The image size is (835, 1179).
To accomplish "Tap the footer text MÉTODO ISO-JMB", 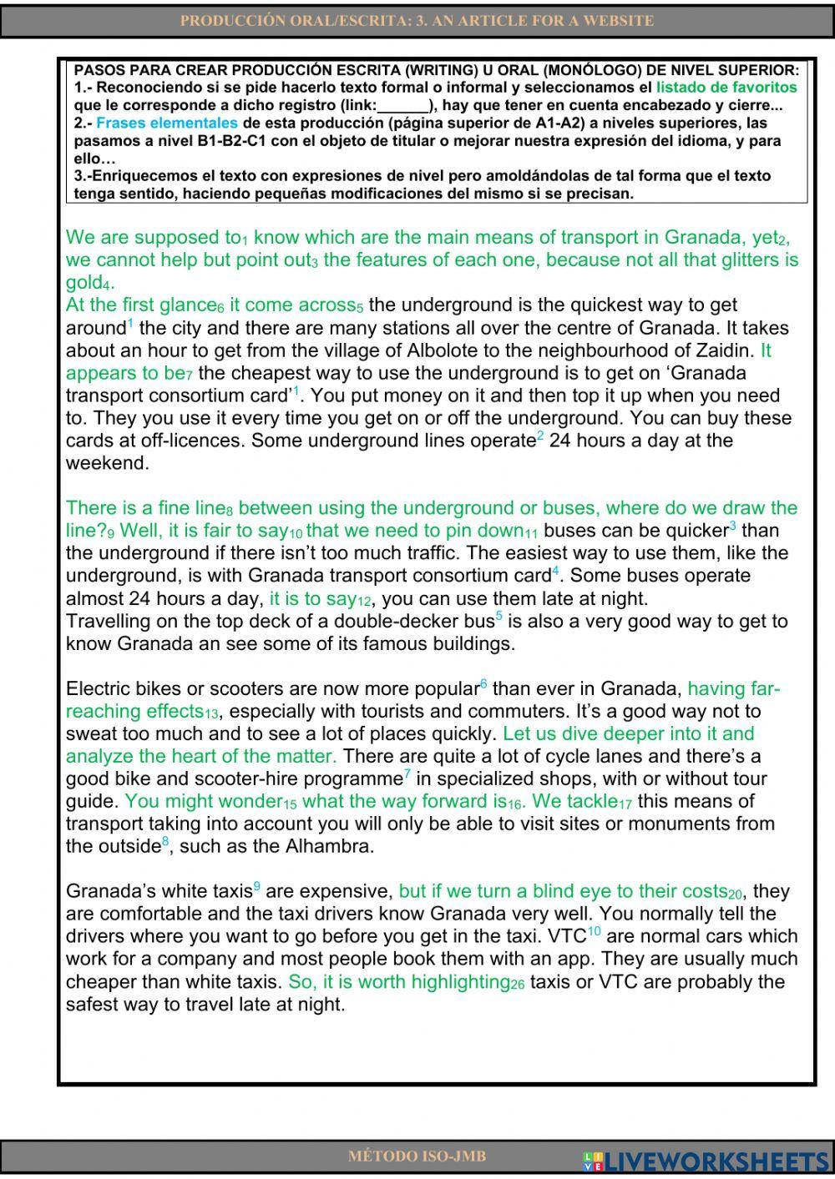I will (x=417, y=1156).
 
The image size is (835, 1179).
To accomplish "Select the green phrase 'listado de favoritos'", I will (x=726, y=88).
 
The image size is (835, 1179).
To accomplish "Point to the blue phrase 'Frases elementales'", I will (x=167, y=123).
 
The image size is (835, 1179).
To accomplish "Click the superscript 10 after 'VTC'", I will (x=594, y=931).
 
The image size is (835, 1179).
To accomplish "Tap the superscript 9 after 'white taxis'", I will (x=257, y=886).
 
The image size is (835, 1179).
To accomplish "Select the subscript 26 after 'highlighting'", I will (x=518, y=985).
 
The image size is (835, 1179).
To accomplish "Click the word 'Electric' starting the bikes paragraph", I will (x=95, y=689).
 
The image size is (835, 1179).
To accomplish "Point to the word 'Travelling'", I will (x=109, y=622).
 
